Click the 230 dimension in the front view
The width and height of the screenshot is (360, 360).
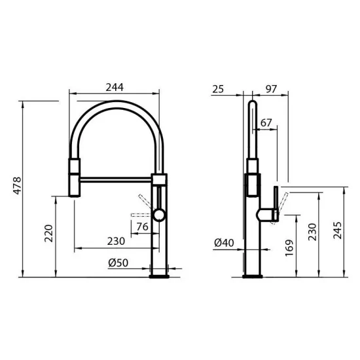(x=115, y=241)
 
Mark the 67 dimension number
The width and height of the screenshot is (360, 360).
(x=266, y=122)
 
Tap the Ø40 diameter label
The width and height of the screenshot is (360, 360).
(x=224, y=243)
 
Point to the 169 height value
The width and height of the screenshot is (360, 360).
(x=289, y=247)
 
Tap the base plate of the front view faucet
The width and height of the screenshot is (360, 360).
(x=160, y=276)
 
